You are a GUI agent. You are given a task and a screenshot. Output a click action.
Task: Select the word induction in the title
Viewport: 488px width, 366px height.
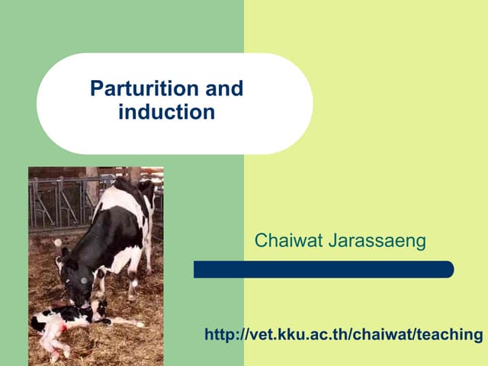coord(166,112)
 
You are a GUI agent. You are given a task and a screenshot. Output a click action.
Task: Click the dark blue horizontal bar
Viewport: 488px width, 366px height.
coord(323,269)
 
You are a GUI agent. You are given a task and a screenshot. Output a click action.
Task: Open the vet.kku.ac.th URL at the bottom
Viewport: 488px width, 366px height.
coord(344,335)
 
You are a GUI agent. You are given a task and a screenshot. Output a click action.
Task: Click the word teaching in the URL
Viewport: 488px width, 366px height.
coord(450,335)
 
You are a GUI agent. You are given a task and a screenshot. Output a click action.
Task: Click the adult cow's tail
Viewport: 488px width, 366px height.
coord(149,229)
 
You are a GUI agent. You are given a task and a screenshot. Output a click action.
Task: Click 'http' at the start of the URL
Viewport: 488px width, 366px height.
coord(221,335)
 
